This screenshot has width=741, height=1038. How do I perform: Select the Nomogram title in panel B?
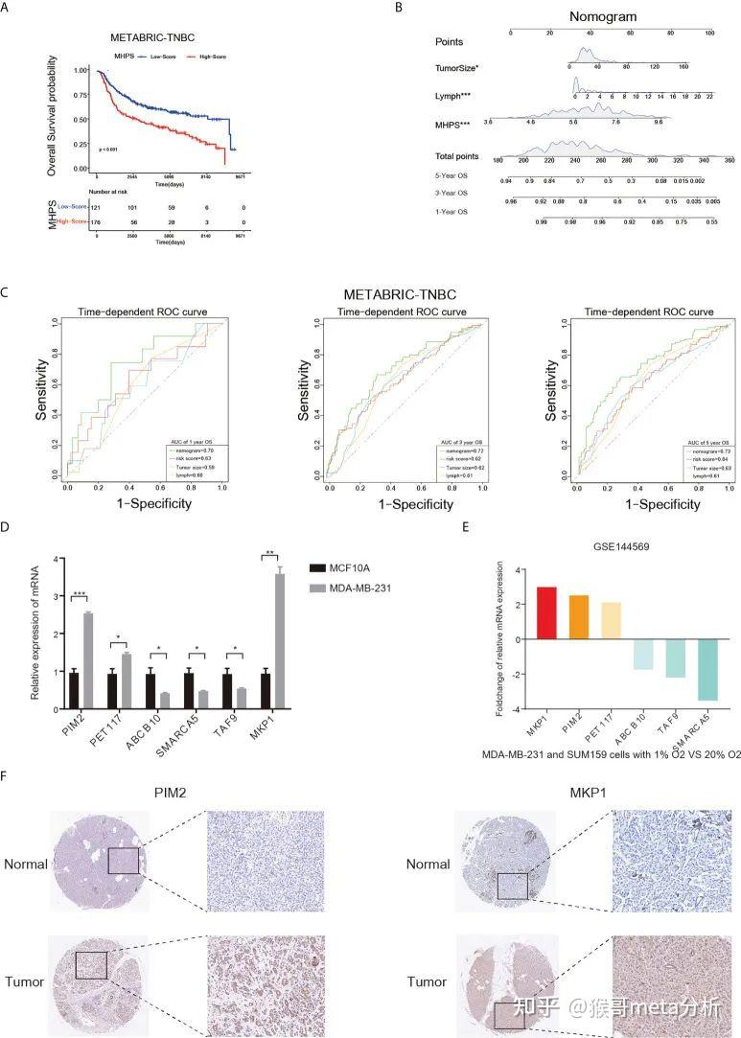603,16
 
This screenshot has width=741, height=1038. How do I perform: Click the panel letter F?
8,772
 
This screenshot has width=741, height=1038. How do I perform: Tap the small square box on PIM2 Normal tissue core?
124,861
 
